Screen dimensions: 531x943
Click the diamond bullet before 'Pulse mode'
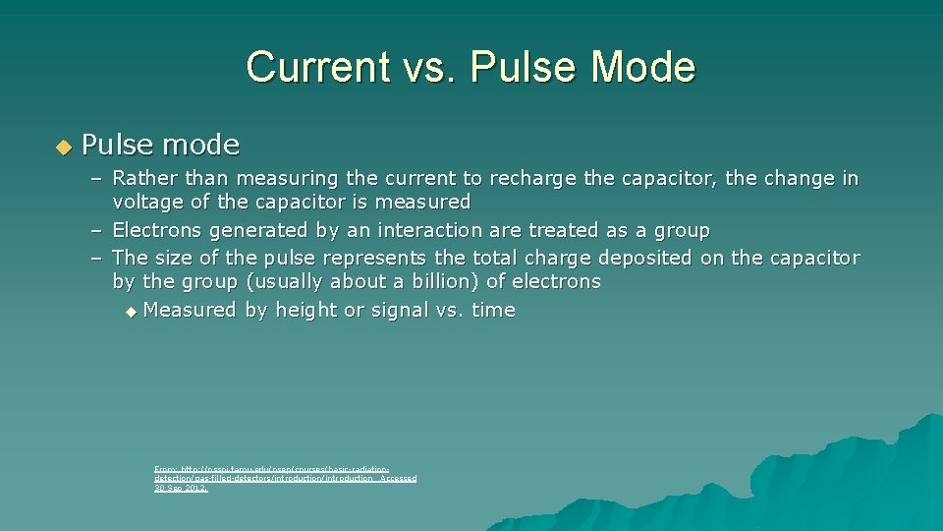tap(64, 147)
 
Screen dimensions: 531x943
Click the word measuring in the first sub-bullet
tap(287, 179)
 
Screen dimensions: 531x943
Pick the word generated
tap(257, 231)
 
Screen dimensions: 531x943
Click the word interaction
tap(428, 231)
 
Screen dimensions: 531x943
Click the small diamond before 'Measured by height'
tap(133, 312)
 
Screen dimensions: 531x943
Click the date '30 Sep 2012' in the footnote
tap(181, 488)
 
